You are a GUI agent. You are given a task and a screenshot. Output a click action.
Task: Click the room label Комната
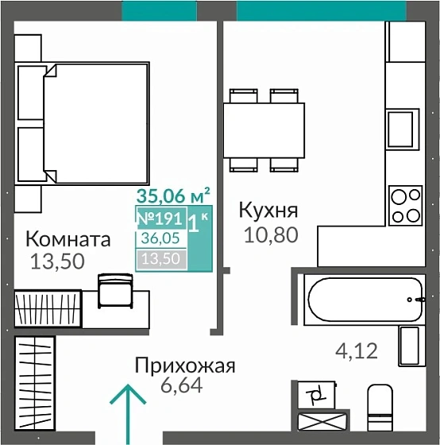68,238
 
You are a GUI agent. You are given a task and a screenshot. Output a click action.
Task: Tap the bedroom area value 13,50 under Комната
57,261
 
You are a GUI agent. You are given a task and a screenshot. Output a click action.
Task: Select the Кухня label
268,211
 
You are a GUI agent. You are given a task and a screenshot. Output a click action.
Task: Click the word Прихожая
185,366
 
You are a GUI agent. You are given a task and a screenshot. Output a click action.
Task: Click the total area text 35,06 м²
173,195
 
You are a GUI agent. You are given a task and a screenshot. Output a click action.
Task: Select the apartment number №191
161,218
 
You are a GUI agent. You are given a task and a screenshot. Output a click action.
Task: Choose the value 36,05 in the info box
160,237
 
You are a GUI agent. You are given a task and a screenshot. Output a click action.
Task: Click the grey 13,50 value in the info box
160,257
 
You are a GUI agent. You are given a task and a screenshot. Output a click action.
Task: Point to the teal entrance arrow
126,412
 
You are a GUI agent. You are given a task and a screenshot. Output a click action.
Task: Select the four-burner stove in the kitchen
406,204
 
